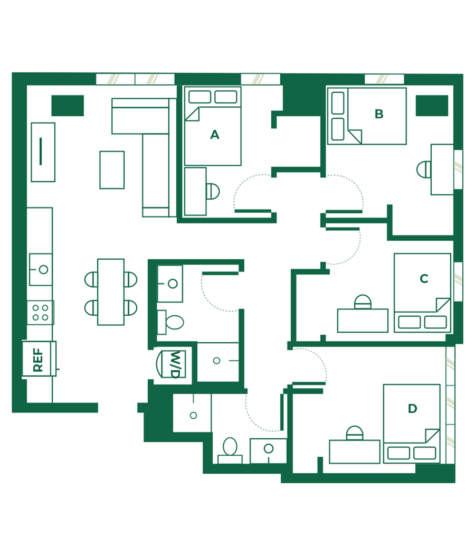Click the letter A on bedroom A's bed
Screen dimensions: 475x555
pyautogui.click(x=215, y=135)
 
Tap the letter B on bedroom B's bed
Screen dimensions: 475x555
pyautogui.click(x=379, y=114)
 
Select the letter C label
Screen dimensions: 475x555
pyautogui.click(x=424, y=279)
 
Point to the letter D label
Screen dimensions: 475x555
pyautogui.click(x=412, y=409)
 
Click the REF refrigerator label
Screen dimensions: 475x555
pyautogui.click(x=38, y=360)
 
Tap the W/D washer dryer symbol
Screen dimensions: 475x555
pyautogui.click(x=171, y=364)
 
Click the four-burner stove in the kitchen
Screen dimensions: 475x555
pyautogui.click(x=40, y=313)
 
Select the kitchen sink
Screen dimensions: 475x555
pyautogui.click(x=41, y=269)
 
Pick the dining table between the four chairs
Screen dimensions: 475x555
pyautogui.click(x=111, y=292)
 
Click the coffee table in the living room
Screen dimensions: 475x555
pyautogui.click(x=112, y=170)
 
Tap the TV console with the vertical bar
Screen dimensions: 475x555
pyautogui.click(x=43, y=152)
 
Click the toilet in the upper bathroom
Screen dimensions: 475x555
pyautogui.click(x=171, y=322)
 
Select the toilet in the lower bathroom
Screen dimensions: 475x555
pyautogui.click(x=230, y=450)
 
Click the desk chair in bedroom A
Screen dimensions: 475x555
pyautogui.click(x=213, y=192)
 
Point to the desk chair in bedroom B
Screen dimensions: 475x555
pyautogui.click(x=424, y=169)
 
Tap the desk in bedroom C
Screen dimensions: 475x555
pyautogui.click(x=363, y=321)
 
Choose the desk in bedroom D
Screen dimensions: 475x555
pyautogui.click(x=354, y=451)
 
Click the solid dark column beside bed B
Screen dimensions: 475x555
pyautogui.click(x=432, y=106)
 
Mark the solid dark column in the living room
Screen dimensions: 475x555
pyautogui.click(x=68, y=106)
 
